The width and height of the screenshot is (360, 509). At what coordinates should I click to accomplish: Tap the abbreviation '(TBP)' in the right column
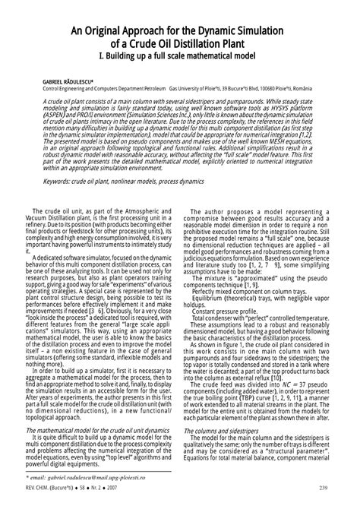point(244,395)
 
